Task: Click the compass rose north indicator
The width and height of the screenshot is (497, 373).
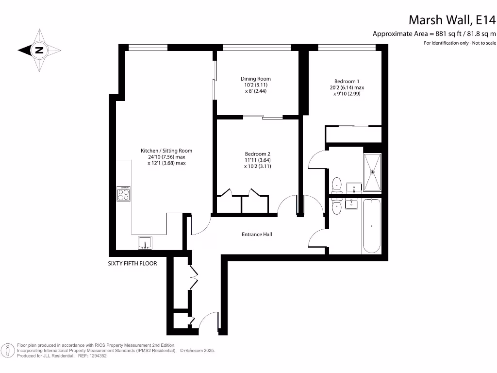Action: tap(39, 50)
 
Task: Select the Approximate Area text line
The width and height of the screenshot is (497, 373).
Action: tap(434, 34)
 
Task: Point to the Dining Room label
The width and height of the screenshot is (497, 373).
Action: tap(256, 79)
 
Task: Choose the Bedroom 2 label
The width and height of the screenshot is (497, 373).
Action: tap(257, 153)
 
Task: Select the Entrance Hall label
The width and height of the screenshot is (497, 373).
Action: tap(257, 235)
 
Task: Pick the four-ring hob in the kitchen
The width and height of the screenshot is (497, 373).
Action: tap(124, 194)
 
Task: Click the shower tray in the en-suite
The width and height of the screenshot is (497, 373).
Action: tap(373, 171)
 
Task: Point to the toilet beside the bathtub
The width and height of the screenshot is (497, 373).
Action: tap(336, 207)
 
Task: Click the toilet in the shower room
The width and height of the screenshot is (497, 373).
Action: tap(336, 184)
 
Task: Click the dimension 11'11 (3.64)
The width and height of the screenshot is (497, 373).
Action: tap(257, 160)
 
